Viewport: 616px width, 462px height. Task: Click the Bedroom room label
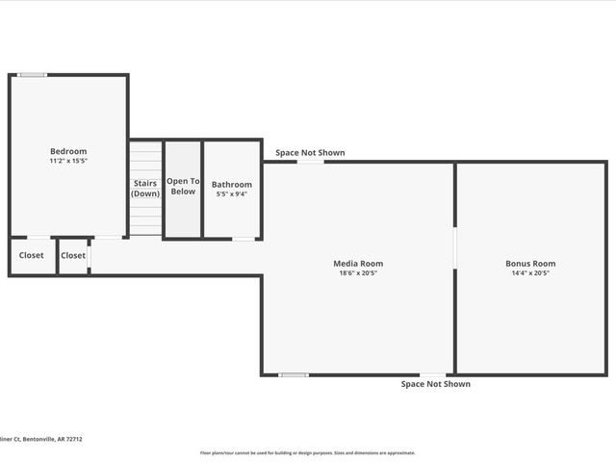68,151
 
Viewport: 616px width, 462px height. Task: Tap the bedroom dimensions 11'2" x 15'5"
68,161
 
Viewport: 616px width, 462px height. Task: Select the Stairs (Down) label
145,188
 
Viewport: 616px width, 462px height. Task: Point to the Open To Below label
183,186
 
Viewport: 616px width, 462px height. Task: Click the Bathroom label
232,184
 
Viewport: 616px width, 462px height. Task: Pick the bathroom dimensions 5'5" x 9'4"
232,193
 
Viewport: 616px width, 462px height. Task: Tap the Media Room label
358,263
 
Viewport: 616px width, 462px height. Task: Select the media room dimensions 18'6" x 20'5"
358,272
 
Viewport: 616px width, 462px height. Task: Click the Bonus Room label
530,263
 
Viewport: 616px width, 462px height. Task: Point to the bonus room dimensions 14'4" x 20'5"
530,272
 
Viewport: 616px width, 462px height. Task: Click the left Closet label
32,255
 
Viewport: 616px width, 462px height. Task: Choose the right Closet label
73,255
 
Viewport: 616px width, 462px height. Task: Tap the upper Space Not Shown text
310,152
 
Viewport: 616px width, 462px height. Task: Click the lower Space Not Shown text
436,384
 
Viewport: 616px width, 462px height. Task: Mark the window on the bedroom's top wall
33,74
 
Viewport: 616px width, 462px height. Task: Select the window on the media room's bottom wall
294,374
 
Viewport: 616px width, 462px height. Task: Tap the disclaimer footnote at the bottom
307,452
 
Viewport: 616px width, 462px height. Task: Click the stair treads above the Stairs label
145,159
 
